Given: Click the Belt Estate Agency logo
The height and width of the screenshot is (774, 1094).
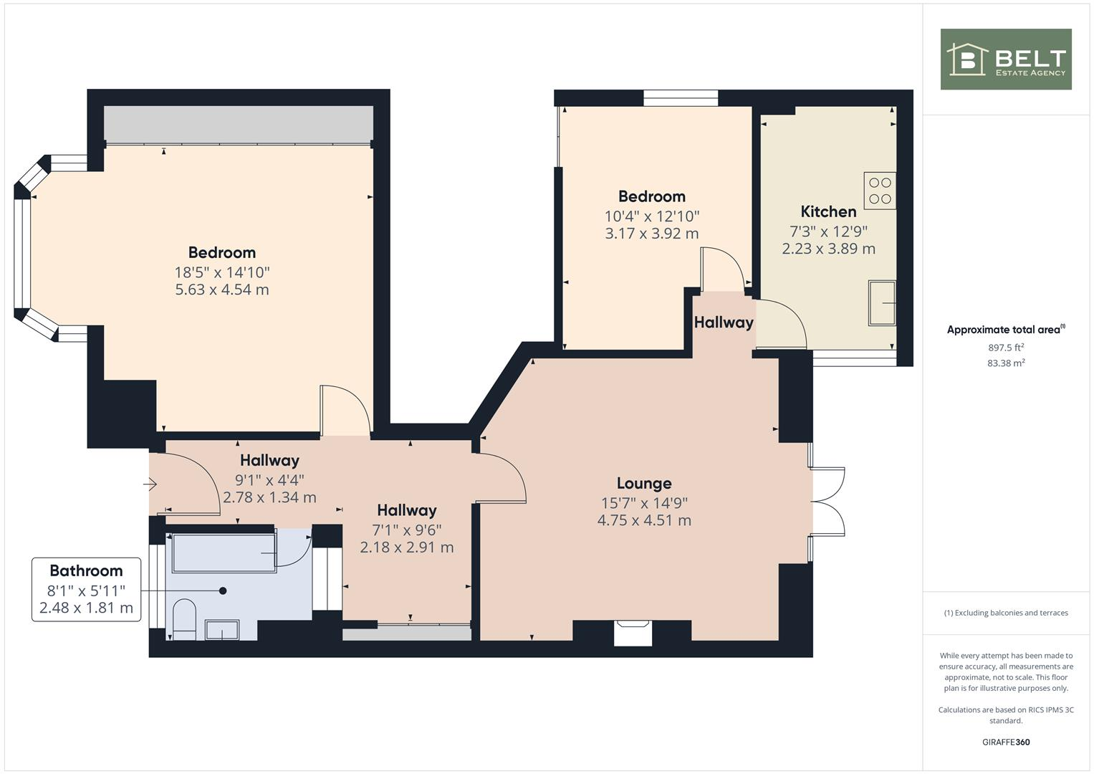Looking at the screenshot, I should click(x=1005, y=59).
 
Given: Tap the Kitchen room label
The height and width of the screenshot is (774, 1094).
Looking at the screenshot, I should click(x=828, y=211).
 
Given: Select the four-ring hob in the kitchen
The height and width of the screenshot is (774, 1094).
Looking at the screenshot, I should click(x=880, y=191).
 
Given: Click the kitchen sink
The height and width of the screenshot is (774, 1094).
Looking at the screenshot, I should click(x=882, y=302).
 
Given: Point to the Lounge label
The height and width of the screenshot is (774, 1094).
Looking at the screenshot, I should click(x=644, y=483).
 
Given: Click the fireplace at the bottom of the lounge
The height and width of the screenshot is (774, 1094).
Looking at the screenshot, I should click(x=633, y=633).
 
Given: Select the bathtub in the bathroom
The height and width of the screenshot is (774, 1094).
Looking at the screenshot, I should click(x=224, y=553).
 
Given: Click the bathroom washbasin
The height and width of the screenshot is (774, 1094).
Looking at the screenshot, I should click(x=222, y=630).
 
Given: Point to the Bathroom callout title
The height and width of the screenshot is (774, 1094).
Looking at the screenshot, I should click(x=86, y=570).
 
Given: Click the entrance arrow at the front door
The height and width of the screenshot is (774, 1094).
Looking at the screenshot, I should click(x=150, y=485).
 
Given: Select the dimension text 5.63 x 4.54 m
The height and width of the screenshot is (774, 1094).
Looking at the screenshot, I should click(x=222, y=290).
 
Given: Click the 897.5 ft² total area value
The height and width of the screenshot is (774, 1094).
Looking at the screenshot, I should click(x=1006, y=348).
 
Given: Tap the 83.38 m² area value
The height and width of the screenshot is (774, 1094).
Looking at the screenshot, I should click(x=1006, y=363).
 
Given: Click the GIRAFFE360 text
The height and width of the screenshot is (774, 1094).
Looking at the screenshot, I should click(x=1006, y=742).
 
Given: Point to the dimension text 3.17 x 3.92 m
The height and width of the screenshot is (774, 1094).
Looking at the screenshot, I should click(x=651, y=234).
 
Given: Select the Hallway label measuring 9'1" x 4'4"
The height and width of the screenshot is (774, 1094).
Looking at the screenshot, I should click(x=269, y=460).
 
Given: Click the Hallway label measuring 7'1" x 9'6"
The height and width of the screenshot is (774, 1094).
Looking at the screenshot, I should click(x=406, y=510).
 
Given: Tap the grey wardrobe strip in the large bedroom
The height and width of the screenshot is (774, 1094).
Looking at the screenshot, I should click(x=239, y=124).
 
